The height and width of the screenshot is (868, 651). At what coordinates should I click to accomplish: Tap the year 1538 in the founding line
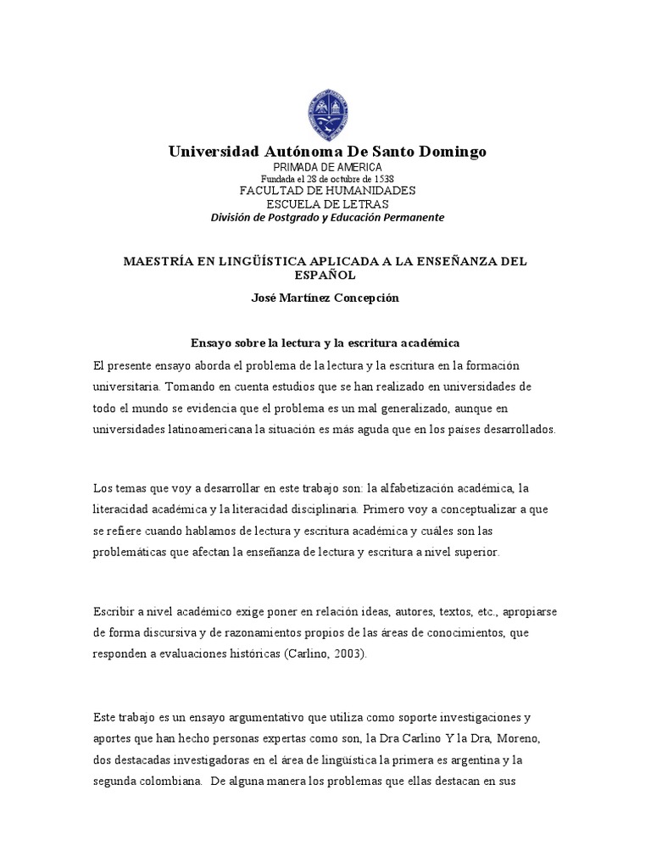pyautogui.click(x=383, y=179)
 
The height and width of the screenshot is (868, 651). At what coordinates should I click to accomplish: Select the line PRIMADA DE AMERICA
pyautogui.click(x=326, y=167)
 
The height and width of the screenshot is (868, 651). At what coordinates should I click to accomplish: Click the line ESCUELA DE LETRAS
pyautogui.click(x=326, y=203)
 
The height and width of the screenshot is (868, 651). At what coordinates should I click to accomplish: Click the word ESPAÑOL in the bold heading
pyautogui.click(x=326, y=275)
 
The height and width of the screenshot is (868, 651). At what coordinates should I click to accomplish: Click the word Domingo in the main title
pyautogui.click(x=450, y=152)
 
